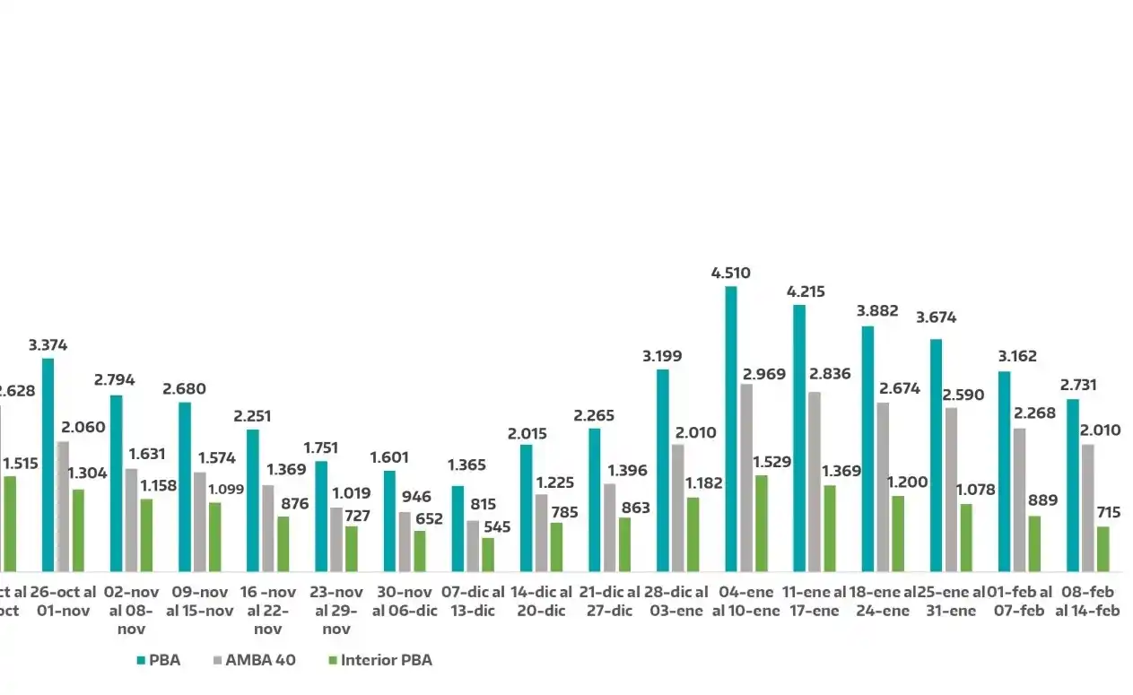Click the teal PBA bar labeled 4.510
pyautogui.click(x=731, y=429)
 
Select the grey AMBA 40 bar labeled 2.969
pyautogui.click(x=746, y=477)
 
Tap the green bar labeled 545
pyautogui.click(x=488, y=554)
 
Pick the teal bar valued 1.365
pyautogui.click(x=458, y=528)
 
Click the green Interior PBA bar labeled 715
pyautogui.click(x=1102, y=549)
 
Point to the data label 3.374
pyautogui.click(x=48, y=345)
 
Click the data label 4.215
pyautogui.click(x=806, y=291)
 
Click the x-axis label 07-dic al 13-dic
pyautogui.click(x=473, y=602)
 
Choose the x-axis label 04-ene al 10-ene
pyautogui.click(x=745, y=602)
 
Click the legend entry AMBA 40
pyautogui.click(x=254, y=660)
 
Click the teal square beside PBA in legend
pyautogui.click(x=140, y=661)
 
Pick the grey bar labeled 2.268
pyautogui.click(x=1019, y=500)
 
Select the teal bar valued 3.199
pyautogui.click(x=663, y=470)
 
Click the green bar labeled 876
pyautogui.click(x=283, y=543)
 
